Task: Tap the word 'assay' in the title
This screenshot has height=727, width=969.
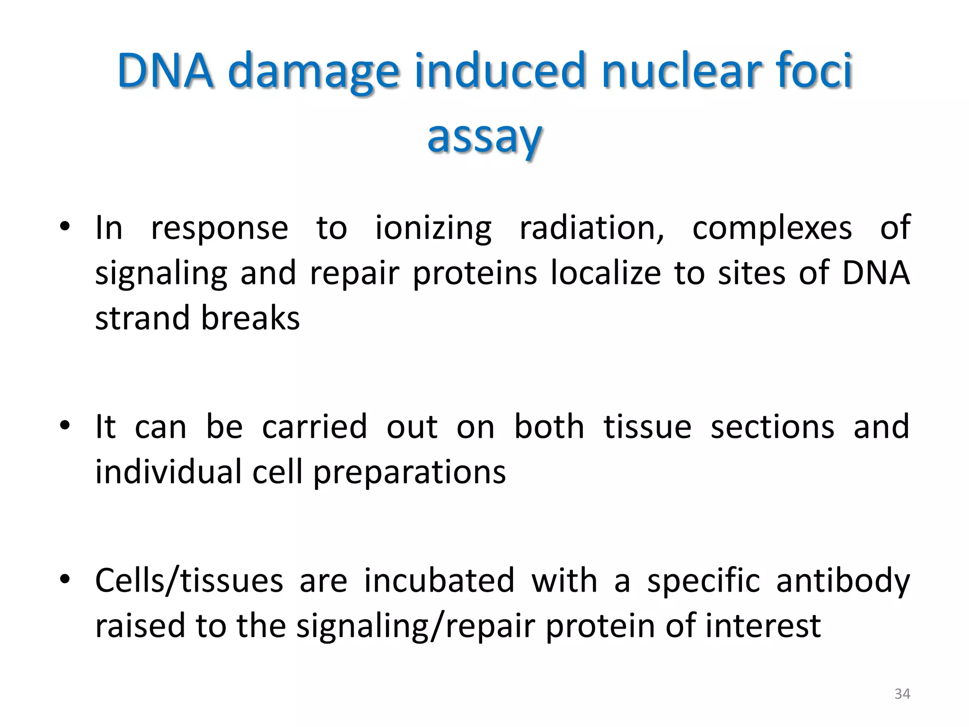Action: click(484, 136)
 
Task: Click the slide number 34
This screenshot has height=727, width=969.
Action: click(902, 694)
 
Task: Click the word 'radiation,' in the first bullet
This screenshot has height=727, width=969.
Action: click(592, 228)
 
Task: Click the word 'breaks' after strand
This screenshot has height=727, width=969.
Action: click(250, 318)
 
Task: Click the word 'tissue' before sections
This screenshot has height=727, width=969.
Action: click(647, 427)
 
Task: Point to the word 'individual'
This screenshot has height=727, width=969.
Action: click(168, 472)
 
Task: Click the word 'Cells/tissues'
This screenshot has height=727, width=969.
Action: click(189, 581)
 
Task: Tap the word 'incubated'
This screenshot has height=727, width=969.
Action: click(439, 581)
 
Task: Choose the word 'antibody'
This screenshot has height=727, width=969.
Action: click(843, 582)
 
